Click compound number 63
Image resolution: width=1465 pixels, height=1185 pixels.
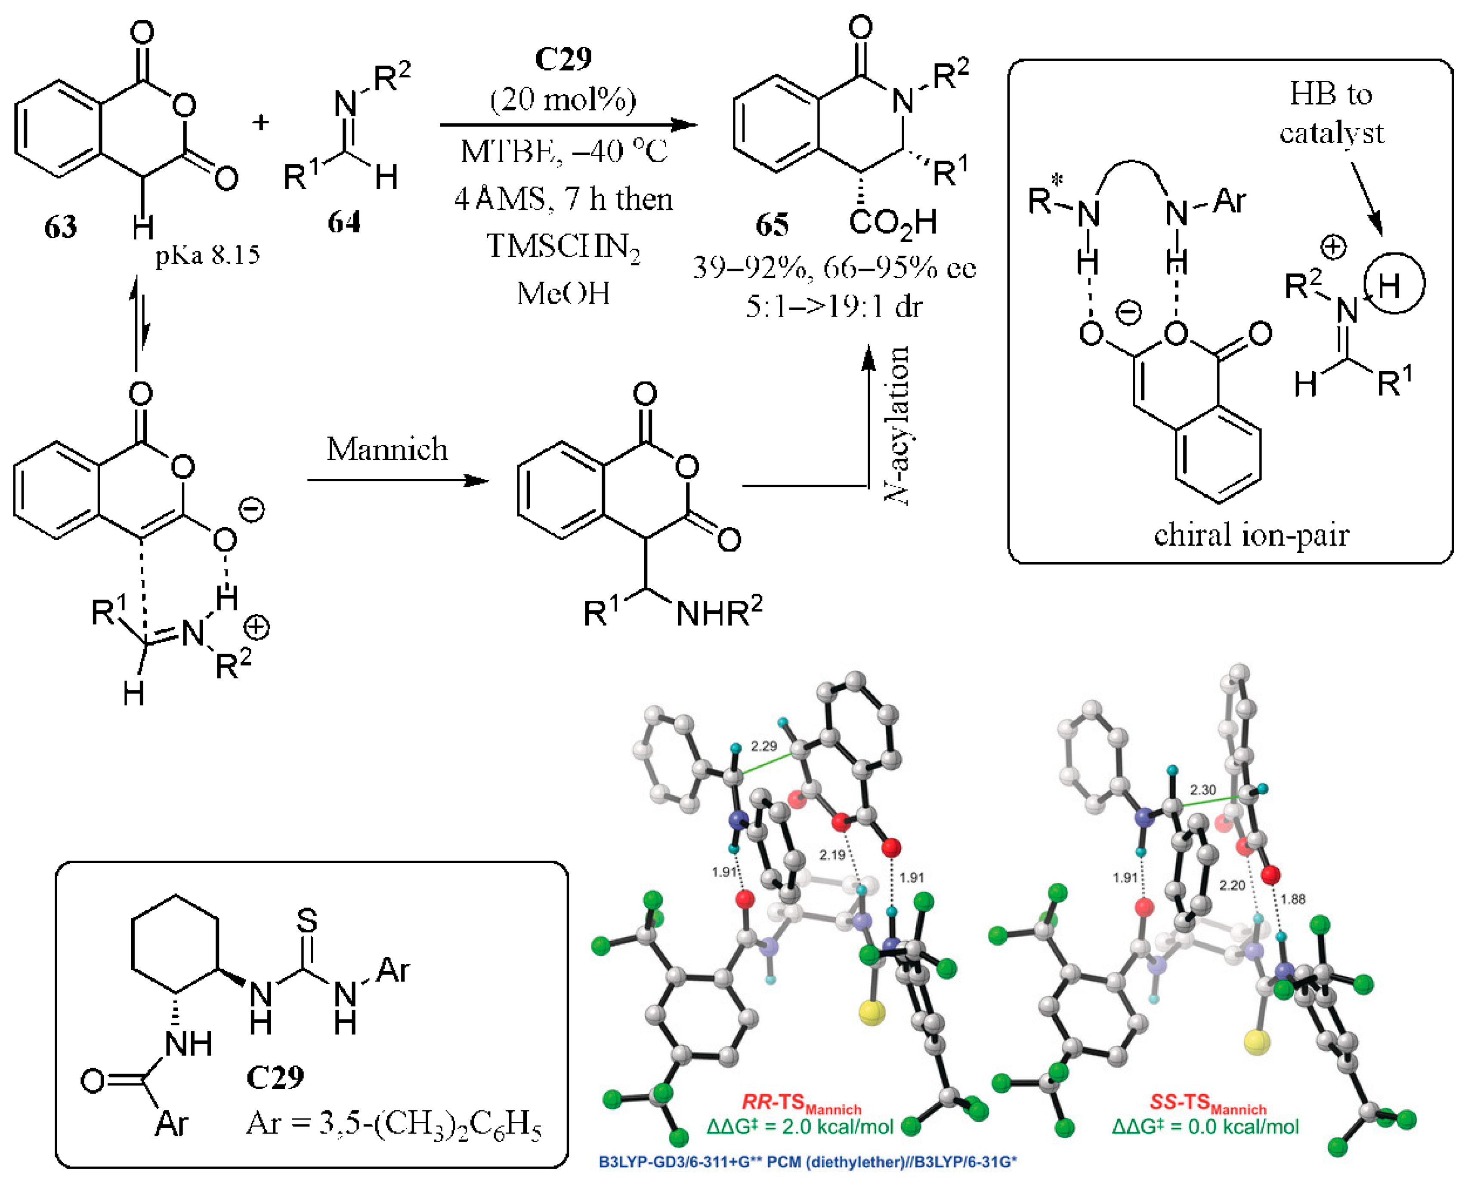(x=60, y=227)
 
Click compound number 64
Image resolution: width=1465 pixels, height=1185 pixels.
(x=343, y=222)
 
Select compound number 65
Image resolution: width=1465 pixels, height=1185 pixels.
(x=772, y=225)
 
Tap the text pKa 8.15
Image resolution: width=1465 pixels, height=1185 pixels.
(x=207, y=255)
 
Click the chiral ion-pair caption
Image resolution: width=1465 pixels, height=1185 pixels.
(x=1251, y=535)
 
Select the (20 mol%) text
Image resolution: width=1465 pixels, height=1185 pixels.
(x=563, y=100)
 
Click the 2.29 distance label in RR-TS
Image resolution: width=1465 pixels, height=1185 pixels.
(x=763, y=746)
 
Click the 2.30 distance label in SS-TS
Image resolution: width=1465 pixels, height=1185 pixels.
(x=1203, y=790)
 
